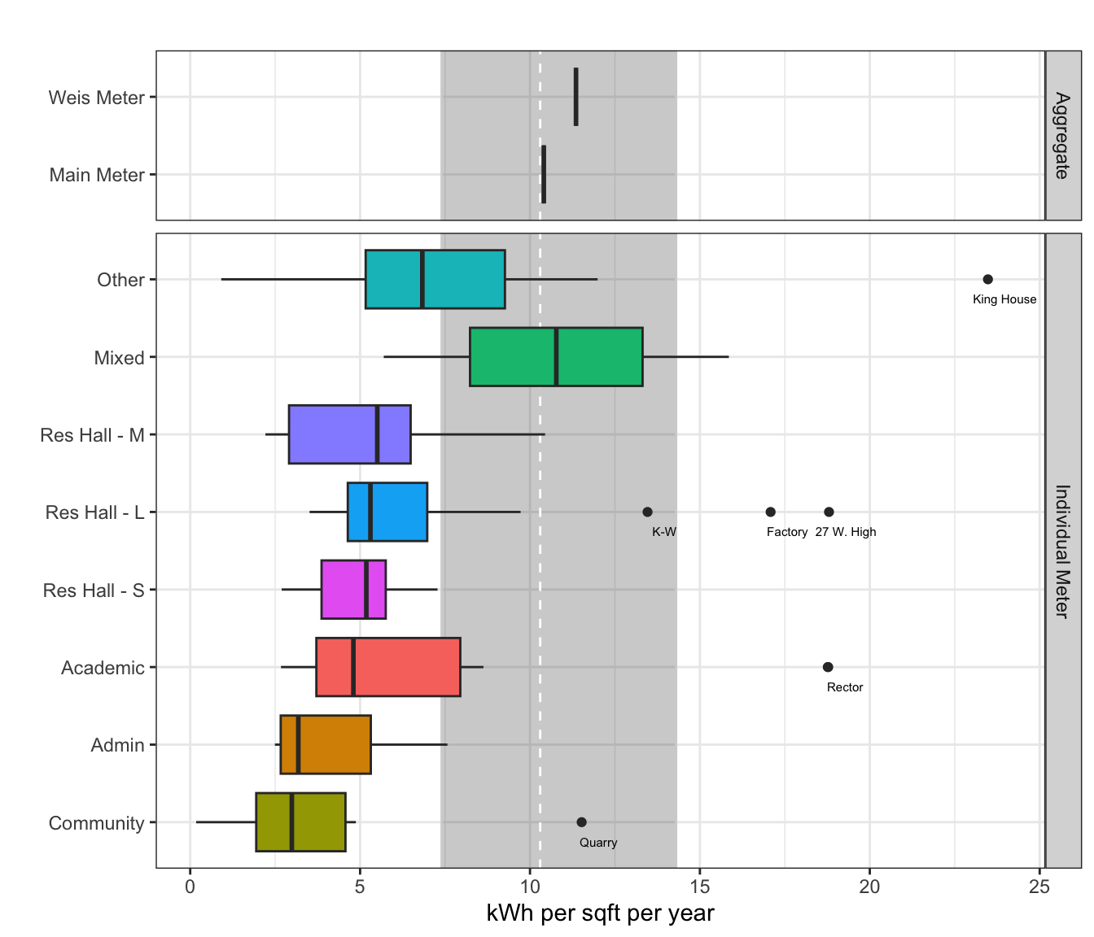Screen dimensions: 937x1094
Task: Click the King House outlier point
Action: click(987, 280)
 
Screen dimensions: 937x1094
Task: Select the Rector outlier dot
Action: click(828, 667)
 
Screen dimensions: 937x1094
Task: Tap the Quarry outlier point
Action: click(581, 822)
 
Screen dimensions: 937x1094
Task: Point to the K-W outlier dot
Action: click(647, 512)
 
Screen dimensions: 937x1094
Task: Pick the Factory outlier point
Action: click(770, 512)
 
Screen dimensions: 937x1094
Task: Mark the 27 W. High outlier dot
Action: click(829, 512)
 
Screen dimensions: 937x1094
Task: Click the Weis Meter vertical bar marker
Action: click(576, 97)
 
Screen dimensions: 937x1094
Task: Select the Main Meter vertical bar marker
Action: click(544, 174)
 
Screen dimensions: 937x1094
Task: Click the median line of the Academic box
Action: click(353, 667)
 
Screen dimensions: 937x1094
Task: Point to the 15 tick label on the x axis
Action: click(699, 887)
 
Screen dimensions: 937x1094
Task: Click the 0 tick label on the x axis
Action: click(190, 887)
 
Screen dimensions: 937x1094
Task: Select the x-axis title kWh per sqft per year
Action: click(600, 913)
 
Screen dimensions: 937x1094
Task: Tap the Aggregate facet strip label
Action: click(1062, 136)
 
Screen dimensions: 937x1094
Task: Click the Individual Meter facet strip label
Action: click(1062, 551)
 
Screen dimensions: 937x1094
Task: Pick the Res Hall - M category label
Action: click(92, 435)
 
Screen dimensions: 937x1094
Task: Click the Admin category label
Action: click(117, 745)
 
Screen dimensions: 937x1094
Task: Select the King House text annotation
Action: click(1004, 299)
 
